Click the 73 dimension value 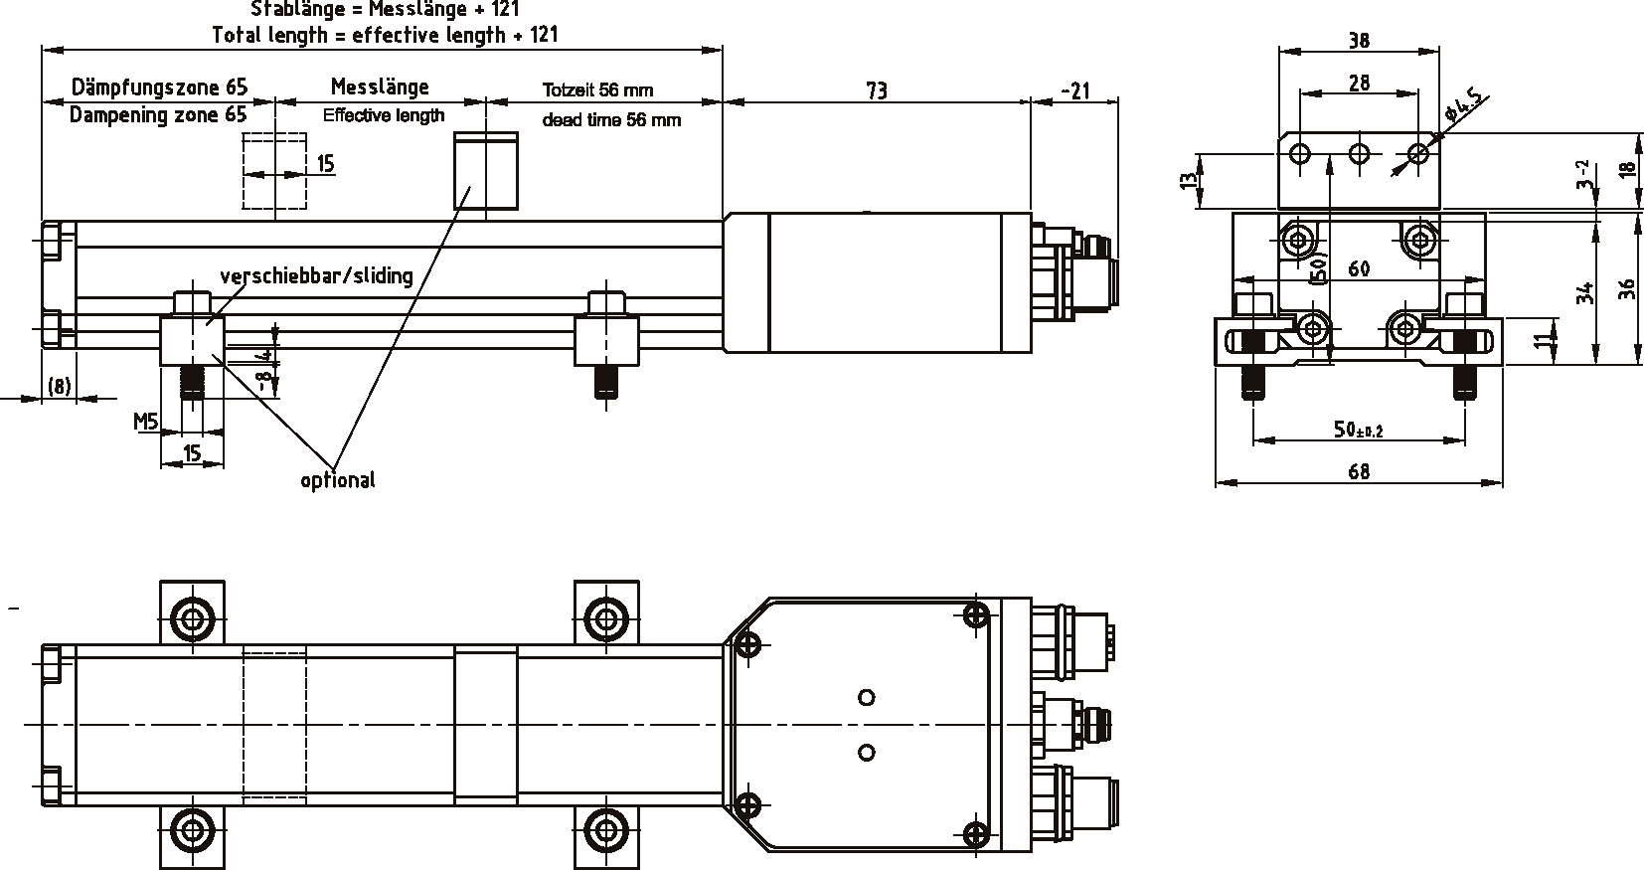[x=876, y=90]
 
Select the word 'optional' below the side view [x=338, y=480]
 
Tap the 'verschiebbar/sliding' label [x=316, y=275]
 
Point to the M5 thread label [x=146, y=423]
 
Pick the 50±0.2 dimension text [x=1359, y=430]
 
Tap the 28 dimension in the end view [x=1359, y=83]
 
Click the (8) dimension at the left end [x=59, y=387]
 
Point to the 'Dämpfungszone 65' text [x=159, y=87]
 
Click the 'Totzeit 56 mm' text [x=597, y=89]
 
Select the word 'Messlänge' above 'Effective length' [x=380, y=87]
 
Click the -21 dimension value [x=1075, y=90]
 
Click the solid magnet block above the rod [x=486, y=170]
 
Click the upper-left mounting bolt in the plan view [x=192, y=618]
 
